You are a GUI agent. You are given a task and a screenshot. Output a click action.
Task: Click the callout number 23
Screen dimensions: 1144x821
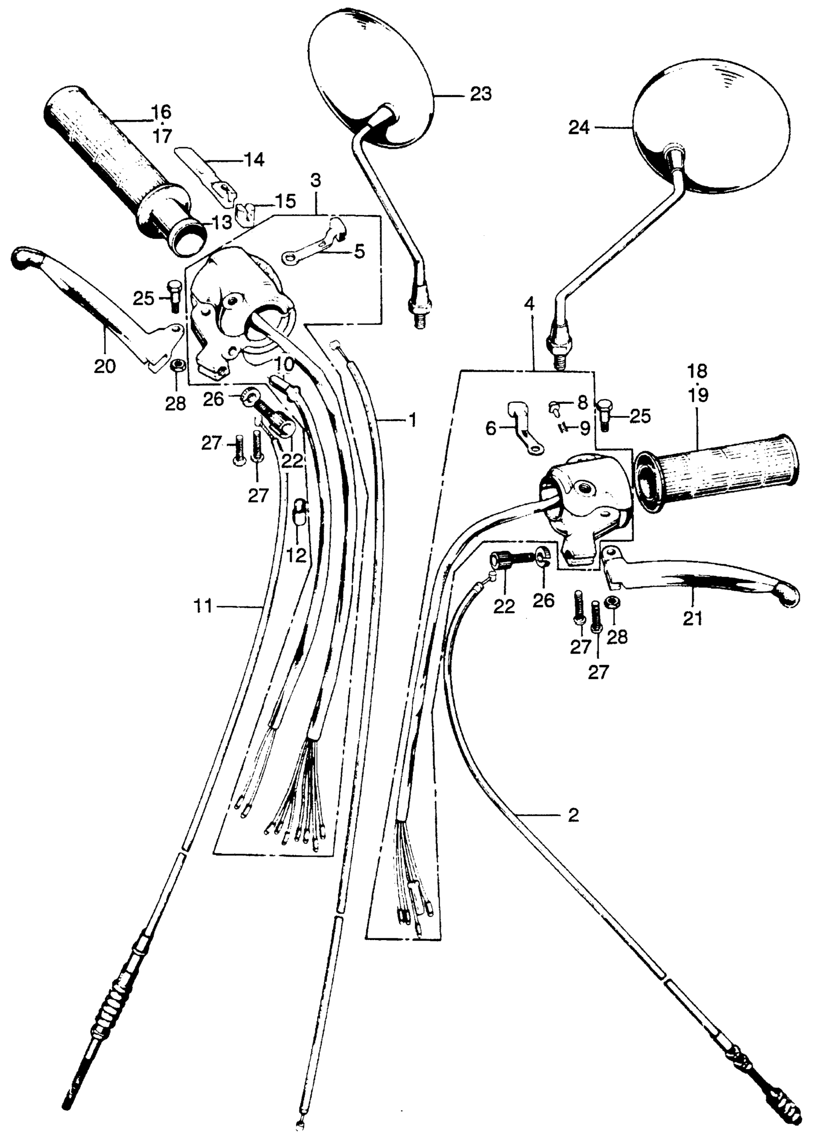click(x=480, y=94)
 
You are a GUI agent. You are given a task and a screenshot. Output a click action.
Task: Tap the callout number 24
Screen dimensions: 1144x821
click(x=579, y=128)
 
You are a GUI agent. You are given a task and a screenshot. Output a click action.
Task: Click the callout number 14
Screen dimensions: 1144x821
click(x=254, y=160)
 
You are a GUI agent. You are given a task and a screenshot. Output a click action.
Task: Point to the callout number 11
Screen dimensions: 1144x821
click(x=203, y=606)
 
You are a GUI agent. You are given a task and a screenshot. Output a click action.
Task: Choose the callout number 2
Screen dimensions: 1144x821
click(x=573, y=815)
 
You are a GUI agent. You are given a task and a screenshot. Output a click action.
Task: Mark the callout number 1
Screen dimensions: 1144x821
click(x=412, y=420)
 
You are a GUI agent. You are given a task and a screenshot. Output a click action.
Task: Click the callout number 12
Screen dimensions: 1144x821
click(x=296, y=555)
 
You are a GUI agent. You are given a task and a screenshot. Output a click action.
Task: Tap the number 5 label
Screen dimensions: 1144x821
click(x=359, y=251)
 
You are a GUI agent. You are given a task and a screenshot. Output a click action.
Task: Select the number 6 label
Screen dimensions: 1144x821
click(x=491, y=429)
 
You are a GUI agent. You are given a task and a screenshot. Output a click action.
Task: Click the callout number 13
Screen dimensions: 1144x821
click(x=221, y=221)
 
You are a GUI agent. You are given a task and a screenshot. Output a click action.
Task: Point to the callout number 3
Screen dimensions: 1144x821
click(x=316, y=181)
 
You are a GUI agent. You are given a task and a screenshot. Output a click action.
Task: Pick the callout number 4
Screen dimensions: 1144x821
click(x=529, y=305)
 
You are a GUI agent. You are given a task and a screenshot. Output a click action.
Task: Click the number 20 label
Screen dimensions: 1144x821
click(x=105, y=366)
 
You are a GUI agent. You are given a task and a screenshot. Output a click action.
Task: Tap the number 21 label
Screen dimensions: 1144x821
click(x=692, y=618)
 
